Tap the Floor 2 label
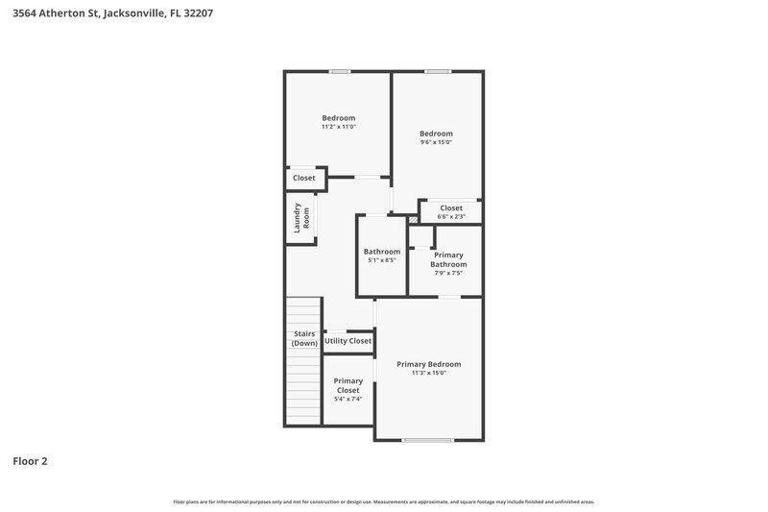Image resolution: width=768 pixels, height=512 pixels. point(30,461)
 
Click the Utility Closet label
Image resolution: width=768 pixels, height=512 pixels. point(348,341)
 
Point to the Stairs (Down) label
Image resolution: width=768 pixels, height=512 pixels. point(304,338)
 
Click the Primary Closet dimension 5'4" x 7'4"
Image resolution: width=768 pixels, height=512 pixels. point(348,398)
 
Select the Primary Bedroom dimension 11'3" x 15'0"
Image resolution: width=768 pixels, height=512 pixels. point(429,373)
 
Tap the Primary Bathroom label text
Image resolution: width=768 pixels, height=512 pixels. point(448,259)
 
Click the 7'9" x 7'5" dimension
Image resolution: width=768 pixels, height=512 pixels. point(448,273)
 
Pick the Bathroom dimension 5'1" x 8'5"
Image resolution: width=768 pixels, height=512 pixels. point(381,260)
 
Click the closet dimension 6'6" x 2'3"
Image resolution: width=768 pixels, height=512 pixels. point(451,217)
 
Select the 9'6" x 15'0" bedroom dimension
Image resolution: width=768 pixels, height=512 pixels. point(436,142)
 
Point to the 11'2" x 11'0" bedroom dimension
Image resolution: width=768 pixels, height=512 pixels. point(338,127)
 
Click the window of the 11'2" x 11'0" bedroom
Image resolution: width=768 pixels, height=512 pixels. point(339,72)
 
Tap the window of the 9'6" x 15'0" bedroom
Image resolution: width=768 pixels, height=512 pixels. point(438,72)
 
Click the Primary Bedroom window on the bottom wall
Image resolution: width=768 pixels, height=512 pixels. point(427,440)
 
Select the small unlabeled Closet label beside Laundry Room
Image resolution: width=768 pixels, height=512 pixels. point(304,178)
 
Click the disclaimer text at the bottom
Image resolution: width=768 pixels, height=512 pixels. point(384,501)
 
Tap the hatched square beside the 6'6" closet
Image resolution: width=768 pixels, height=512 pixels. point(414,219)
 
